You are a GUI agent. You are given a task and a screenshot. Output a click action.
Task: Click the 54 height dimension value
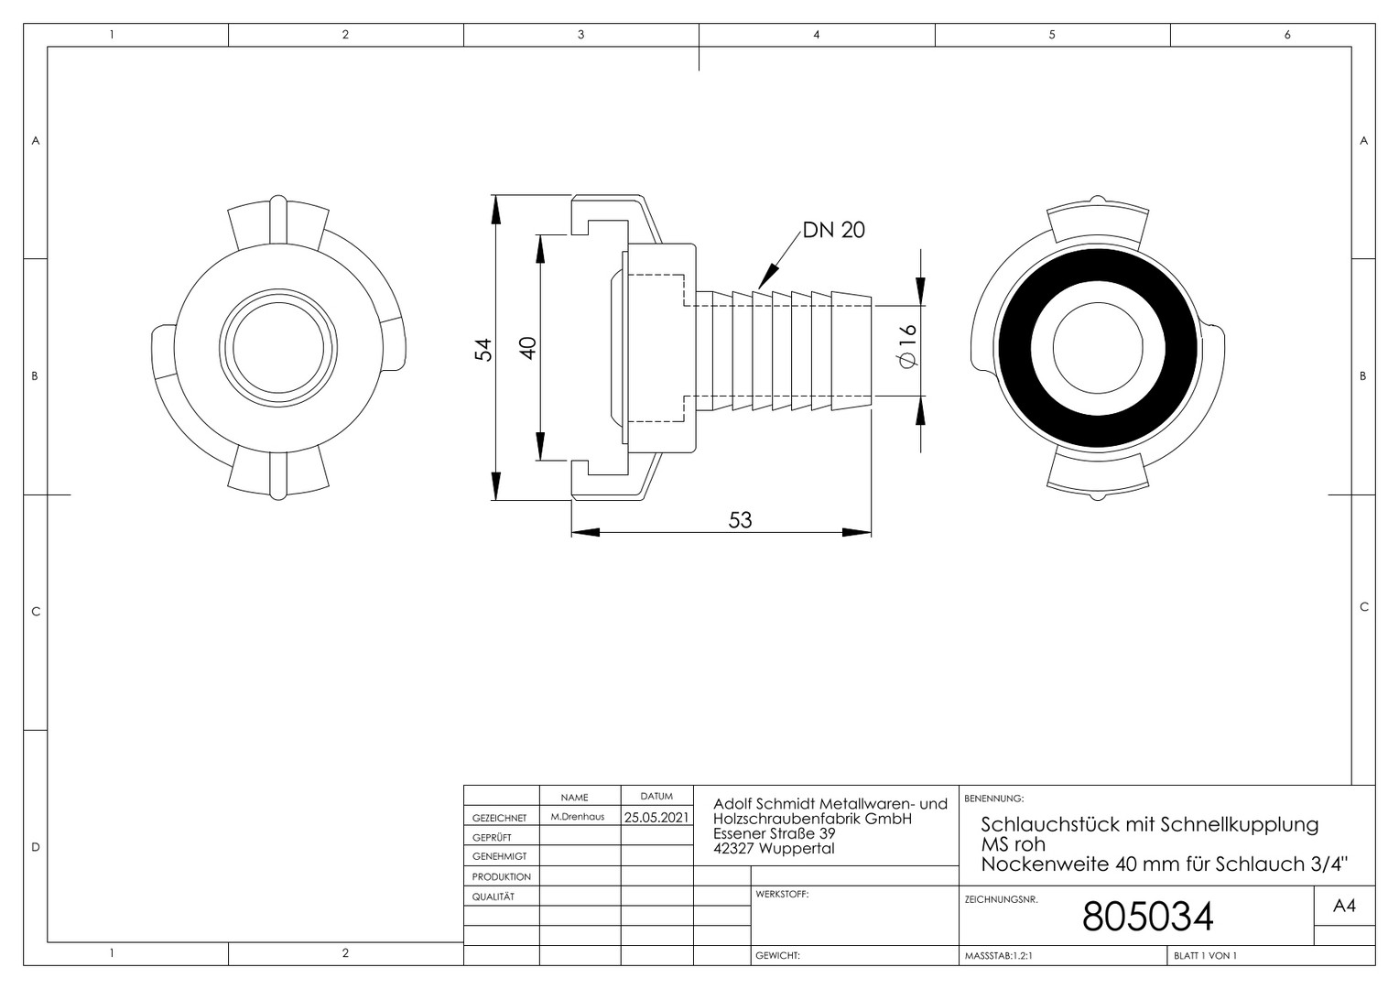[x=483, y=349]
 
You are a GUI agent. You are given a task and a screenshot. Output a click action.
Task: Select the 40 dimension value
[x=528, y=348]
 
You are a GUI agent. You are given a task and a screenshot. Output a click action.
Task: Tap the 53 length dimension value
[x=740, y=520]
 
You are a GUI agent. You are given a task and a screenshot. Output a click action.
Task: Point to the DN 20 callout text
[x=834, y=230]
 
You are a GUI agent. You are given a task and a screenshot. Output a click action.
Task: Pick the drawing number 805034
[x=1147, y=917]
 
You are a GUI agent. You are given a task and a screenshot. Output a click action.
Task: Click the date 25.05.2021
[x=656, y=817]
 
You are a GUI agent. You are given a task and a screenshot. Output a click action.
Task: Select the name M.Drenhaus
[x=577, y=817]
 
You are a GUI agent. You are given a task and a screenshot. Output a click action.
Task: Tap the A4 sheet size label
[x=1344, y=906]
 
